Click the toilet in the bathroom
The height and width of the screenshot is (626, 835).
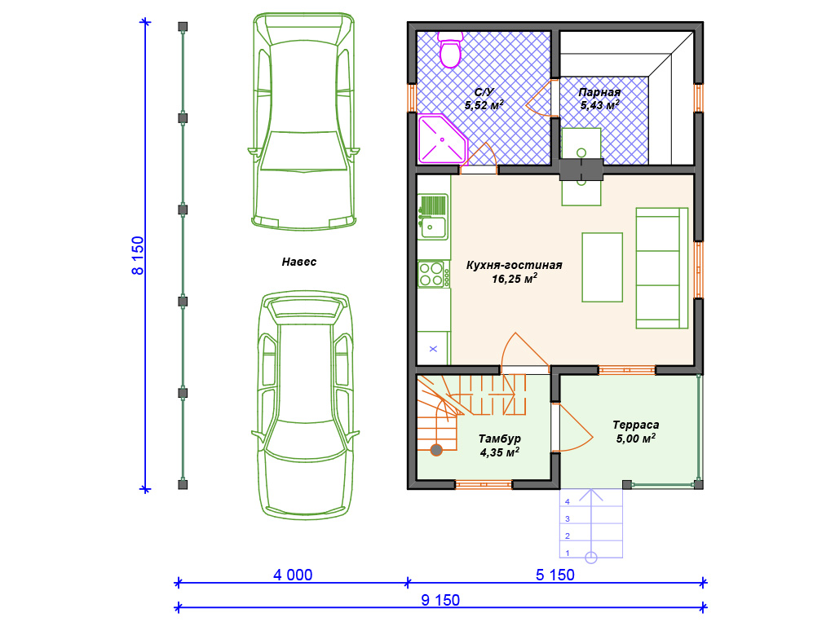tap(450, 50)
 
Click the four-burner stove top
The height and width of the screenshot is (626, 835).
tap(431, 274)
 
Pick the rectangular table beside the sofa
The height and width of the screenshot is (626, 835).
tap(603, 267)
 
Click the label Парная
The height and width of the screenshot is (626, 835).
tap(599, 92)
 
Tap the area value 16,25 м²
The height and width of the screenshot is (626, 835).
tap(515, 278)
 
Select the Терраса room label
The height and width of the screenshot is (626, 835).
tap(636, 425)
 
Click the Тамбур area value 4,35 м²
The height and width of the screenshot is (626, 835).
tap(500, 452)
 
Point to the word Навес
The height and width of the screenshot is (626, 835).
tap(298, 262)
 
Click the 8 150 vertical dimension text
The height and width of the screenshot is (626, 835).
tap(138, 255)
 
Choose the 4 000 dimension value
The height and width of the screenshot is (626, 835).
tap(293, 575)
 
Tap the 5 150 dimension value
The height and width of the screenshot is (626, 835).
tap(554, 575)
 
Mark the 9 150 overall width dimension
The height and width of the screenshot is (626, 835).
tap(440, 600)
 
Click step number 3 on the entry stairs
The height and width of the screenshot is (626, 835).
tap(568, 518)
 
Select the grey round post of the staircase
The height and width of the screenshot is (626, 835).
tap(437, 450)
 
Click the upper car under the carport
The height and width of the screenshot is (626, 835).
tap(303, 121)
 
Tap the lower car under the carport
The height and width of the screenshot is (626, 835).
tap(305, 404)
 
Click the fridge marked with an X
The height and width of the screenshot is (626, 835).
tap(434, 348)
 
